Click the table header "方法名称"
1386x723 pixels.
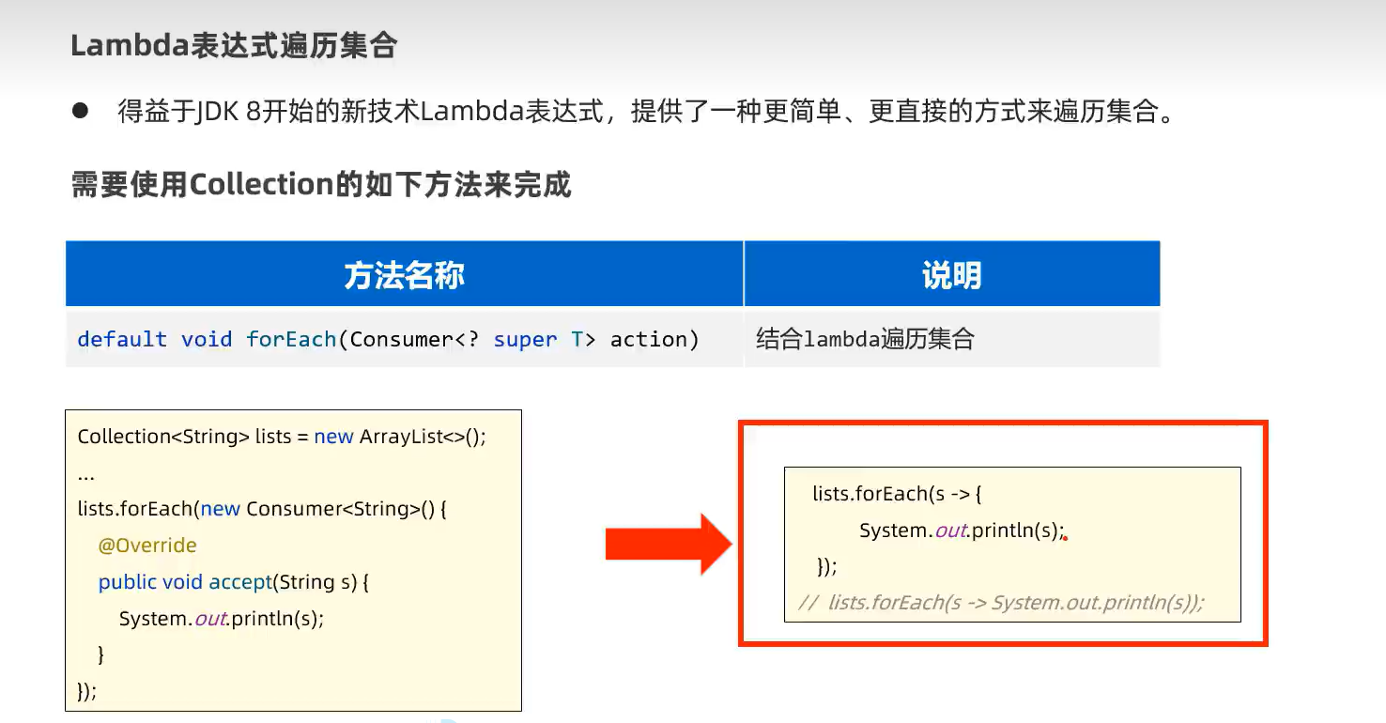pos(404,275)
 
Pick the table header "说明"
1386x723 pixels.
pos(951,275)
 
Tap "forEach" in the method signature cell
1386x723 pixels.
pos(291,339)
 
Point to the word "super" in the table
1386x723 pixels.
pos(525,339)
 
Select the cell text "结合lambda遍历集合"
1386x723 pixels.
pos(865,339)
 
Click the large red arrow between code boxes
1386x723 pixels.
pos(668,544)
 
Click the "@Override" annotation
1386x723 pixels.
pos(147,546)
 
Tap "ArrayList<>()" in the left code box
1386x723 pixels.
pos(423,437)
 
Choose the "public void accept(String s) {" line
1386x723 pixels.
pos(234,582)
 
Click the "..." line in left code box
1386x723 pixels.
pos(86,472)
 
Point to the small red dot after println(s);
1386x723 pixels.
pos(1066,538)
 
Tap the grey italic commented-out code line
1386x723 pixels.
pos(1001,603)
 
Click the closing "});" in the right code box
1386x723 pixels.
pos(826,566)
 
